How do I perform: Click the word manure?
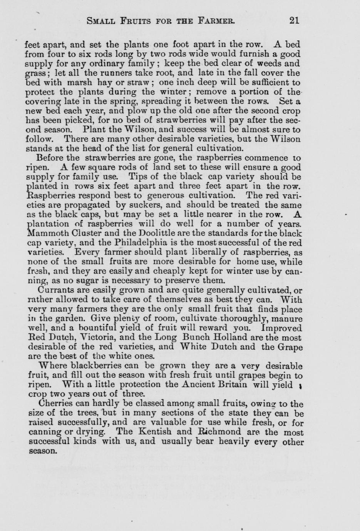[288, 319]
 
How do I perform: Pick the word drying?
[91, 432]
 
